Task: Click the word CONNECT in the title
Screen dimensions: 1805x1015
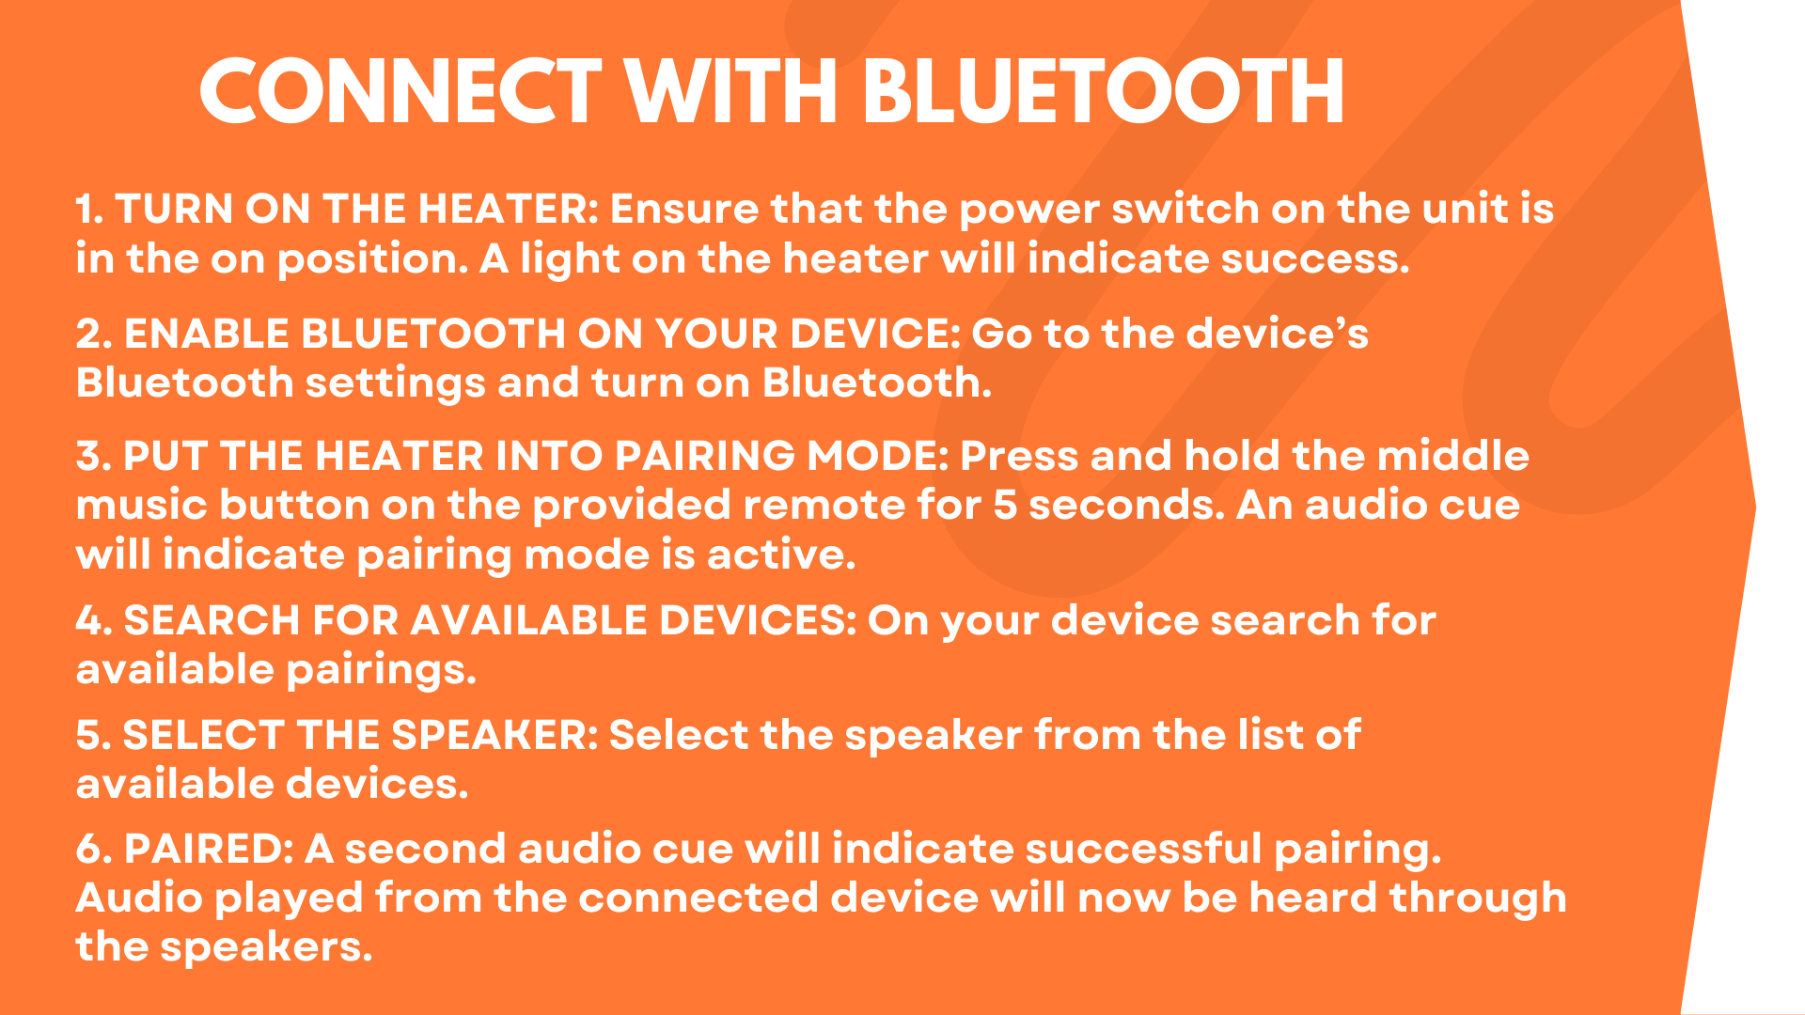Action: (x=400, y=91)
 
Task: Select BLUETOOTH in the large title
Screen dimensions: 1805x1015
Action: (x=1104, y=91)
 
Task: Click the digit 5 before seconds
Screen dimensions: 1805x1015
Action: (x=1005, y=506)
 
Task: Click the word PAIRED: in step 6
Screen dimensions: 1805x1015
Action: (x=209, y=849)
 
